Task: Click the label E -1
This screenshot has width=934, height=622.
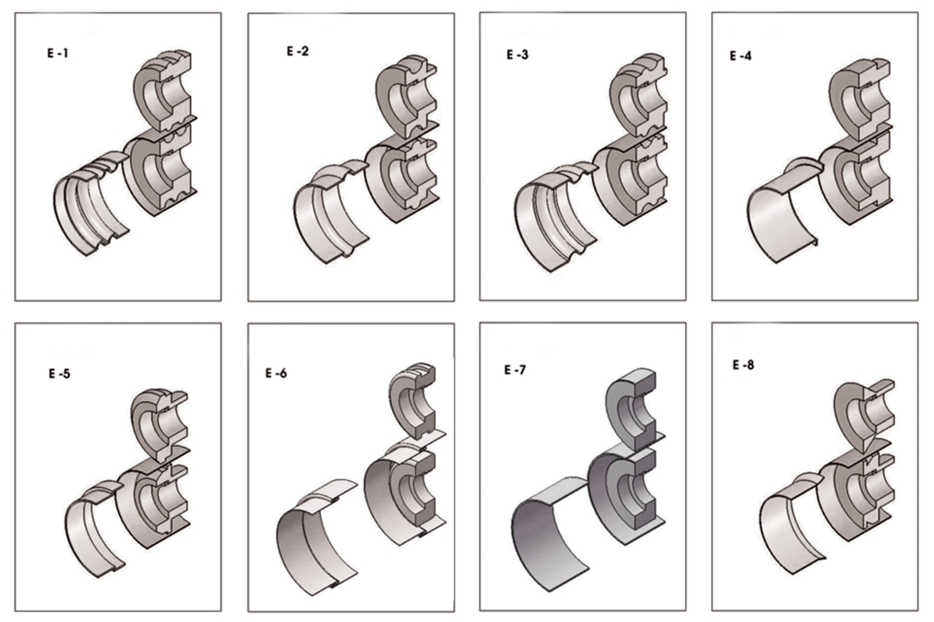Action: click(57, 53)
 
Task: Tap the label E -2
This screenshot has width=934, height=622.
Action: click(298, 52)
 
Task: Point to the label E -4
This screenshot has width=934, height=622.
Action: click(741, 55)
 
